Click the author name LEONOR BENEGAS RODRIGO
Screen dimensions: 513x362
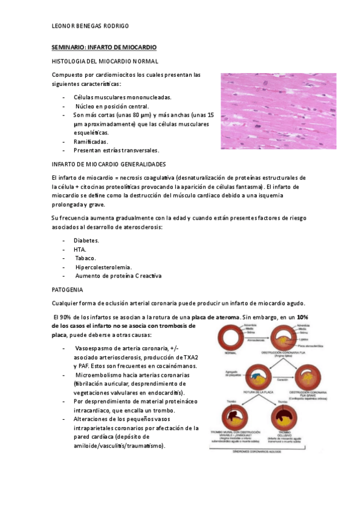point(89,25)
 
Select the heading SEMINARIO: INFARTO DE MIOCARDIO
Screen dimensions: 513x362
point(104,47)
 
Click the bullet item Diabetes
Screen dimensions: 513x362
point(86,240)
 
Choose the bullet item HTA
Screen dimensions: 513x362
point(80,249)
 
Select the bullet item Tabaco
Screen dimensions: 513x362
point(86,258)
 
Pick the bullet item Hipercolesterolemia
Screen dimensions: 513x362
point(103,267)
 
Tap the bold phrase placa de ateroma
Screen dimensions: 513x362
point(215,317)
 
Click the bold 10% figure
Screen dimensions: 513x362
point(303,317)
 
